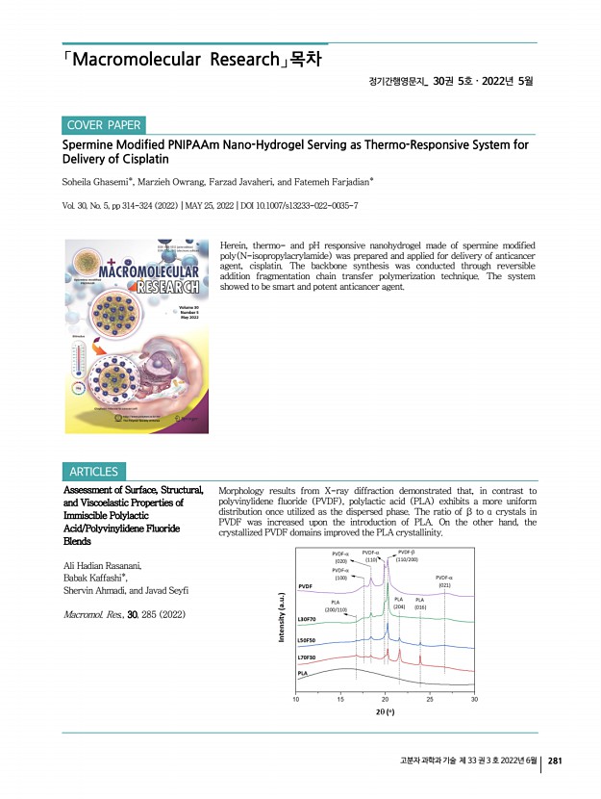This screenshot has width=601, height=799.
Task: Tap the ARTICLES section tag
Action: [x=94, y=472]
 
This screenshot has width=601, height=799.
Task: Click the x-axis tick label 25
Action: [x=430, y=699]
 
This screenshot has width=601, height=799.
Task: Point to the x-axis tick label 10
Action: [x=297, y=699]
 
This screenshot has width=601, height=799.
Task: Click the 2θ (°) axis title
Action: [x=385, y=714]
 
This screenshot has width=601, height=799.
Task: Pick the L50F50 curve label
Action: [x=310, y=639]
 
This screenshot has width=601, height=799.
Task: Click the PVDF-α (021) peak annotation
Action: [x=444, y=580]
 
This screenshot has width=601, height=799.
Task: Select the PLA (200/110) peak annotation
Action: [x=337, y=606]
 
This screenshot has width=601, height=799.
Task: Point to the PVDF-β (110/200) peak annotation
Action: [x=407, y=555]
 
